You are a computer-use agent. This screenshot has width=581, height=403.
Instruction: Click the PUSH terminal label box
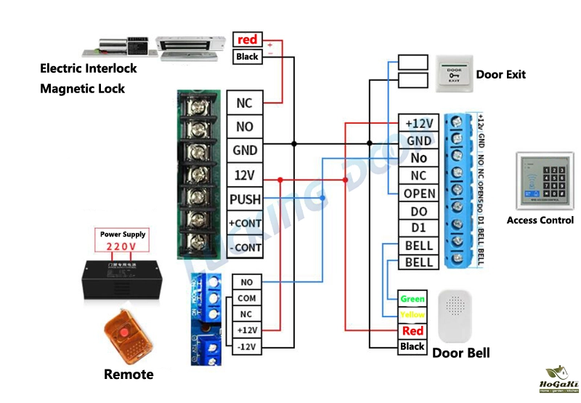[245, 199]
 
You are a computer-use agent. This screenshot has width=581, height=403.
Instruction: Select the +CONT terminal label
[245, 223]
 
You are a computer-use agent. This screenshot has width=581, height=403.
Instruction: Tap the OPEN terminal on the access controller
[419, 193]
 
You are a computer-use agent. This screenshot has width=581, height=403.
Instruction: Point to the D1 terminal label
[419, 228]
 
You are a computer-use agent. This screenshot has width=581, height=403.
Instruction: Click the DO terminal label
[419, 211]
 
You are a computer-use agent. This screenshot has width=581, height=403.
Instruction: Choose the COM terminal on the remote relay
[247, 298]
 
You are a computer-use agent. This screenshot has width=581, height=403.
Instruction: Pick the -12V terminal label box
[247, 347]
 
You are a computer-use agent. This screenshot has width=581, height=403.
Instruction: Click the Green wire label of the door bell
[413, 299]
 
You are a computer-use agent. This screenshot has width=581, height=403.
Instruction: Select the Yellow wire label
[413, 315]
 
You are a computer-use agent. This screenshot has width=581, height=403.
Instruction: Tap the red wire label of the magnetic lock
[248, 39]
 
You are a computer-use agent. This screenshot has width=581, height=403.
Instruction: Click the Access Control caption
[540, 220]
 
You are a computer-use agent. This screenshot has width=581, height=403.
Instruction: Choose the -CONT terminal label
[245, 247]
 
